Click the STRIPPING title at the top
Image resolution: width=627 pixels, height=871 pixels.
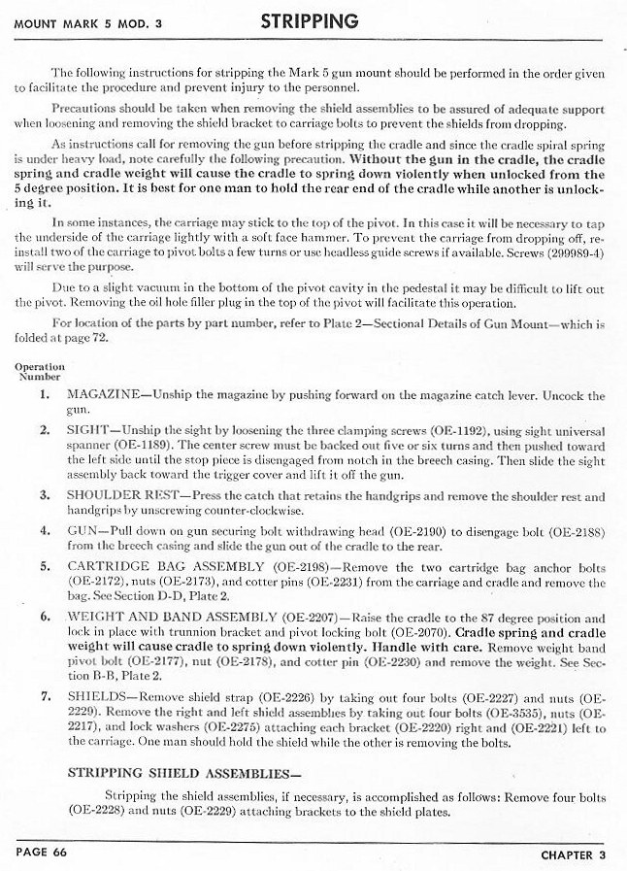[311, 20]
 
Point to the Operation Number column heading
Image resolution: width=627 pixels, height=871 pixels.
[41, 373]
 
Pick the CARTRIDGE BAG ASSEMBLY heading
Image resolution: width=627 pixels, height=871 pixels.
[160, 565]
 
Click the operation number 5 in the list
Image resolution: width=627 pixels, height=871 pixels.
[45, 565]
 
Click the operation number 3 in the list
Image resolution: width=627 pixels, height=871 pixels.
[45, 496]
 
